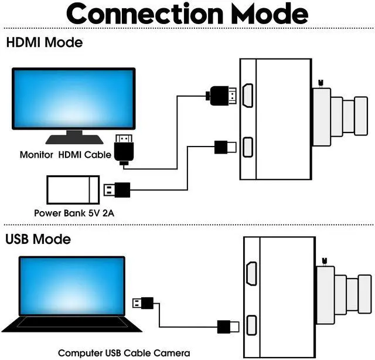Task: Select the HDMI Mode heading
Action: [44, 43]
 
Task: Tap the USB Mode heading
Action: [37, 239]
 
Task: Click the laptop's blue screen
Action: [72, 286]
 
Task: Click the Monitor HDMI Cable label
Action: [65, 155]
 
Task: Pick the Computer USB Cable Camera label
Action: [124, 353]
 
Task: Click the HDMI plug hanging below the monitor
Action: [124, 150]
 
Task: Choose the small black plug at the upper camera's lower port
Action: [225, 147]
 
